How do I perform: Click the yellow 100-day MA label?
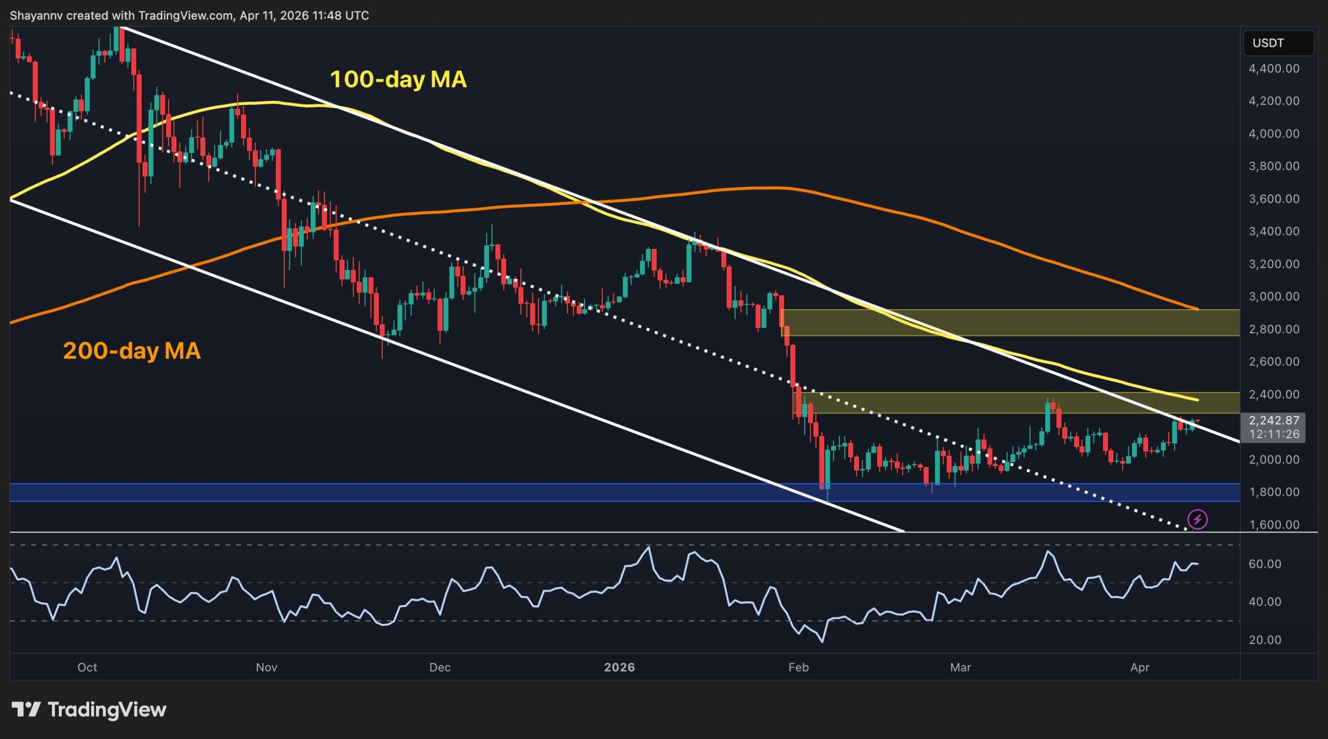[x=398, y=79]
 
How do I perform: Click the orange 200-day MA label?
[x=131, y=351]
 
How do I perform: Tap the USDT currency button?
[x=1278, y=43]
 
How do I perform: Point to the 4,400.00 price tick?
[x=1274, y=68]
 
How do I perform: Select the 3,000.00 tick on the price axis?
[x=1274, y=297]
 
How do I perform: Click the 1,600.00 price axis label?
[x=1274, y=525]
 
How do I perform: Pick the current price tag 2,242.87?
[x=1274, y=421]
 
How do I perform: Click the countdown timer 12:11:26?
[x=1274, y=434]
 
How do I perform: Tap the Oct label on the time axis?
[x=87, y=667]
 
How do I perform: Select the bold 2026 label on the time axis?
[x=619, y=667]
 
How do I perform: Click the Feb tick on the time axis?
[x=798, y=667]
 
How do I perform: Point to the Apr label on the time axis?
[x=1140, y=667]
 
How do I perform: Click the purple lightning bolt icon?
[x=1197, y=519]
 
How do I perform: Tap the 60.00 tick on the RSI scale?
[x=1265, y=564]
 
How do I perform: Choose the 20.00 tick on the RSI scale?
[x=1265, y=640]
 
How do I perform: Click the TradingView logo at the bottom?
[x=89, y=709]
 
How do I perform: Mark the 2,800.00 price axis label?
[x=1274, y=329]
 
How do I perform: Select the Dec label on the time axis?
[x=440, y=667]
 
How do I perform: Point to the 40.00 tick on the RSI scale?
[x=1265, y=602]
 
